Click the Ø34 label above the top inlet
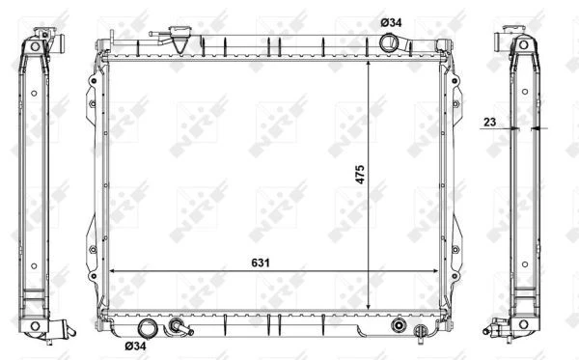coord(391,22)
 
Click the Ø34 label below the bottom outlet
coord(135,346)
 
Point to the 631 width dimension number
coord(261,263)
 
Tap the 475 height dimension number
coord(360,175)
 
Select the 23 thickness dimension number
coord(489,122)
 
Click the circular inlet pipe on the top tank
coord(389,42)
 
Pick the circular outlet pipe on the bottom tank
coord(147,328)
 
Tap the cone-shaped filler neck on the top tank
coord(179,40)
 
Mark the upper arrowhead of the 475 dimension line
coord(369,65)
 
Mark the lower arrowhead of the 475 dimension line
coord(369,306)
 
